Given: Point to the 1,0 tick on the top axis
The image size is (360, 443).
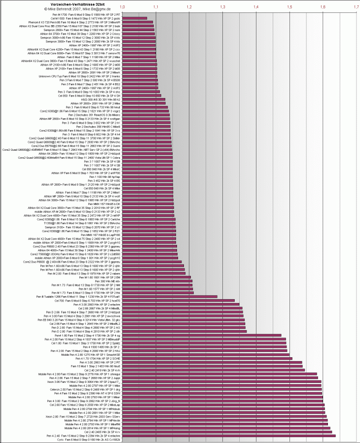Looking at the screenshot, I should pyautogui.click(x=122, y=7).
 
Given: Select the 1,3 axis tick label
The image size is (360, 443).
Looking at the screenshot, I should pyautogui.click(x=223, y=7).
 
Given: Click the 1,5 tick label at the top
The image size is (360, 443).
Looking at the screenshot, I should pyautogui.click(x=289, y=7).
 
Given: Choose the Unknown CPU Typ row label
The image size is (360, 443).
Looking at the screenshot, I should pyautogui.click(x=79, y=76).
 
